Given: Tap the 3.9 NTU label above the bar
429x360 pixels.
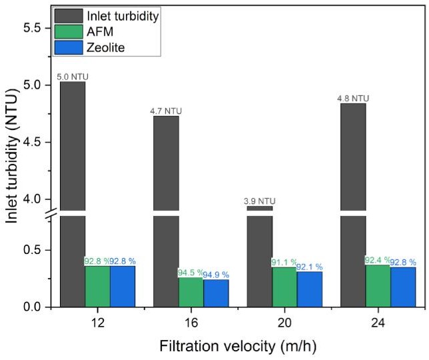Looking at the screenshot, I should point(259,201).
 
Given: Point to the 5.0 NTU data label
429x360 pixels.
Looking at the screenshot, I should point(72,77).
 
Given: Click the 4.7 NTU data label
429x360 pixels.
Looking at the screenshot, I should point(166,111).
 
